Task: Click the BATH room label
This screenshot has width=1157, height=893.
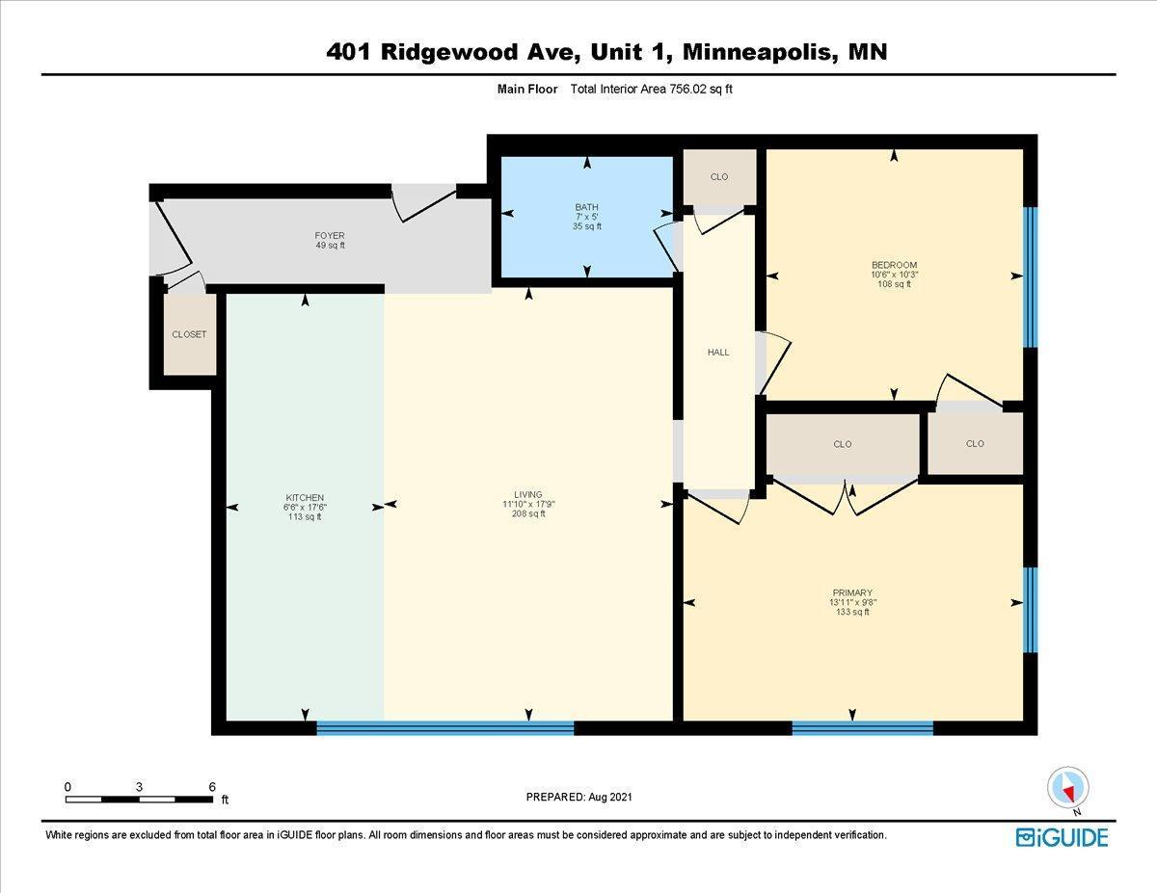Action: click(x=586, y=207)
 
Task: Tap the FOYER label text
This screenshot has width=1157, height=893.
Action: click(x=329, y=236)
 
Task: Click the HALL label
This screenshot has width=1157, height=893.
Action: click(x=718, y=353)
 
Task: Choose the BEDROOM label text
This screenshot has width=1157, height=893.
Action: click(x=894, y=265)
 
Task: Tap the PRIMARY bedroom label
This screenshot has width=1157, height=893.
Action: click(x=852, y=593)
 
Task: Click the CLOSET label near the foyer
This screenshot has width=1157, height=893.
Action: click(x=189, y=334)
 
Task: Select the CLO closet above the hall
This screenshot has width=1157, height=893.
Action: click(x=719, y=177)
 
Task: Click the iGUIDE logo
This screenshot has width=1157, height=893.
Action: click(x=1062, y=837)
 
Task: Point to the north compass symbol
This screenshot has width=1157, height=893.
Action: click(x=1067, y=787)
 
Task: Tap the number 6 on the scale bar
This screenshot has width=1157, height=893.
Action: click(x=212, y=787)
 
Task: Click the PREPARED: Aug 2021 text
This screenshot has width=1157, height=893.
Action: click(x=578, y=797)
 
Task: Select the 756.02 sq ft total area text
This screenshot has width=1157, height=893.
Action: click(x=694, y=89)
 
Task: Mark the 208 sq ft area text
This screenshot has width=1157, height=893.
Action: click(x=528, y=514)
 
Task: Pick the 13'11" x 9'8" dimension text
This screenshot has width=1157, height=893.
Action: click(x=852, y=603)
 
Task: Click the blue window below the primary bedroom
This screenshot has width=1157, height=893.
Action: click(x=862, y=728)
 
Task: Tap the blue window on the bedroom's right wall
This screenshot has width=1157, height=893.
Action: click(x=1030, y=276)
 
